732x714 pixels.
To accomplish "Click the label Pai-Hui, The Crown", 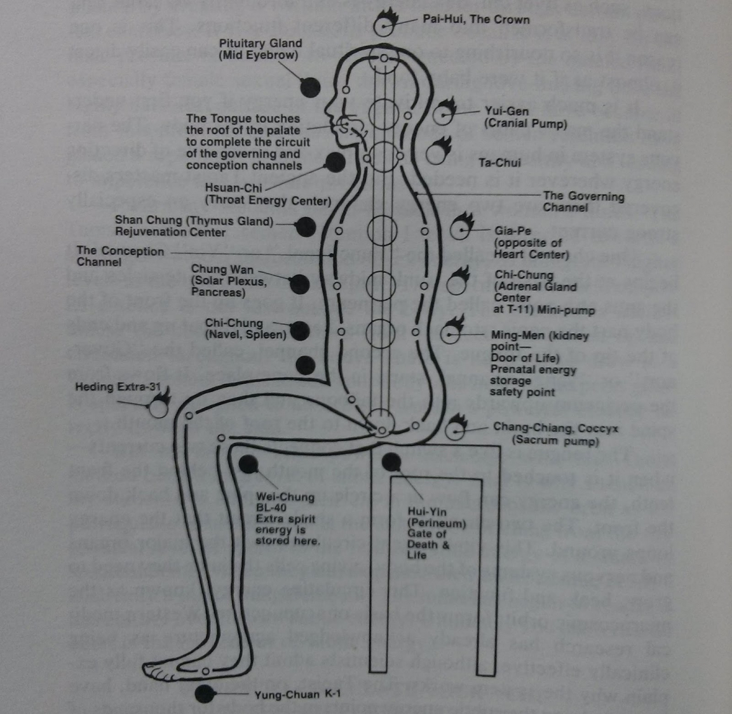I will pyautogui.click(x=476, y=19).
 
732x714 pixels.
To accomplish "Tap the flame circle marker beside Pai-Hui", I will pyautogui.click(x=385, y=25).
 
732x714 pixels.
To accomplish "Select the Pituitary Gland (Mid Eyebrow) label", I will pyautogui.click(x=260, y=50).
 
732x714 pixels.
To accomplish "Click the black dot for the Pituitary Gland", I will pyautogui.click(x=310, y=87).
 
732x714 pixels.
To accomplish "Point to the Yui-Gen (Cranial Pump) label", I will pyautogui.click(x=525, y=117).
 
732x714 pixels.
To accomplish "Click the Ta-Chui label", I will pyautogui.click(x=499, y=163).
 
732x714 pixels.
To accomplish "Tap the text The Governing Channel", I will pyautogui.click(x=583, y=201).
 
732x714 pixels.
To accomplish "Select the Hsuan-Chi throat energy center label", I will pyautogui.click(x=268, y=195).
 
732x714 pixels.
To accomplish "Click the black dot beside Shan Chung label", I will pyautogui.click(x=306, y=226).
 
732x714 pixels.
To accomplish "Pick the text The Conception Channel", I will pyautogui.click(x=120, y=256).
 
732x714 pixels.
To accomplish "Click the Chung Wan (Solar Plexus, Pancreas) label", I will pyautogui.click(x=229, y=281).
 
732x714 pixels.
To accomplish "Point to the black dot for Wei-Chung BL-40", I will pyautogui.click(x=248, y=465).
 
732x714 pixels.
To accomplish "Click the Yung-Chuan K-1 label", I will pyautogui.click(x=297, y=694).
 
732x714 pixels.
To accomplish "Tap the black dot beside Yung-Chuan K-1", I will pyautogui.click(x=205, y=694).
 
